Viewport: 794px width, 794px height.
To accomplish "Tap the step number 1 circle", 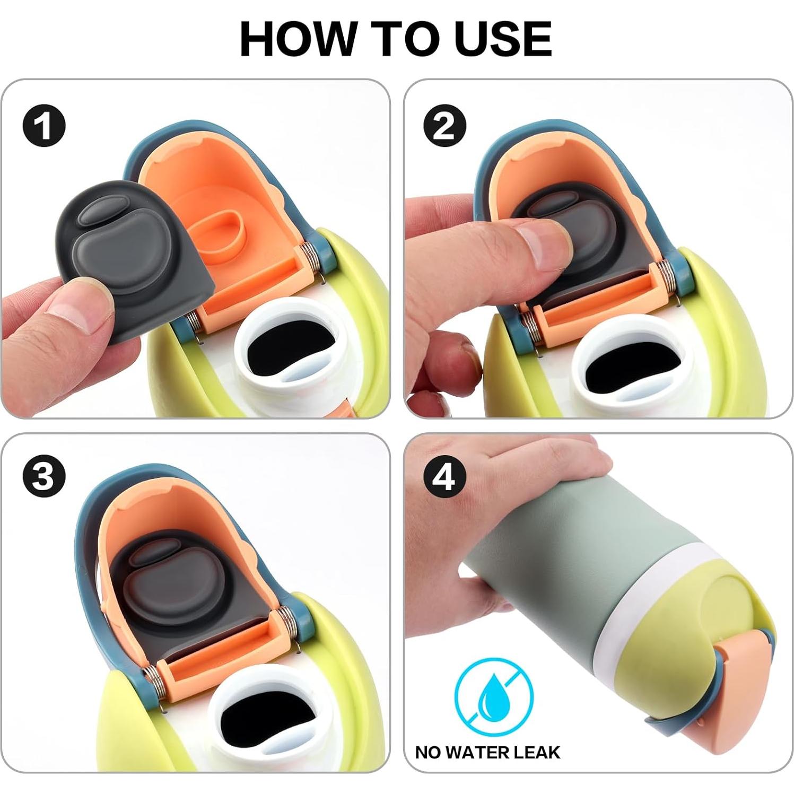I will tap(44, 127).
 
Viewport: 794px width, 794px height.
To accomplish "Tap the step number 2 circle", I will tap(444, 127).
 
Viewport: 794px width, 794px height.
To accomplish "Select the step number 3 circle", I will tap(44, 476).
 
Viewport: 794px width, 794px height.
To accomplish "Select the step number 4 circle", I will tap(444, 476).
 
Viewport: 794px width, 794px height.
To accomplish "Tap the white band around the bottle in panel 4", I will tap(658, 594).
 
